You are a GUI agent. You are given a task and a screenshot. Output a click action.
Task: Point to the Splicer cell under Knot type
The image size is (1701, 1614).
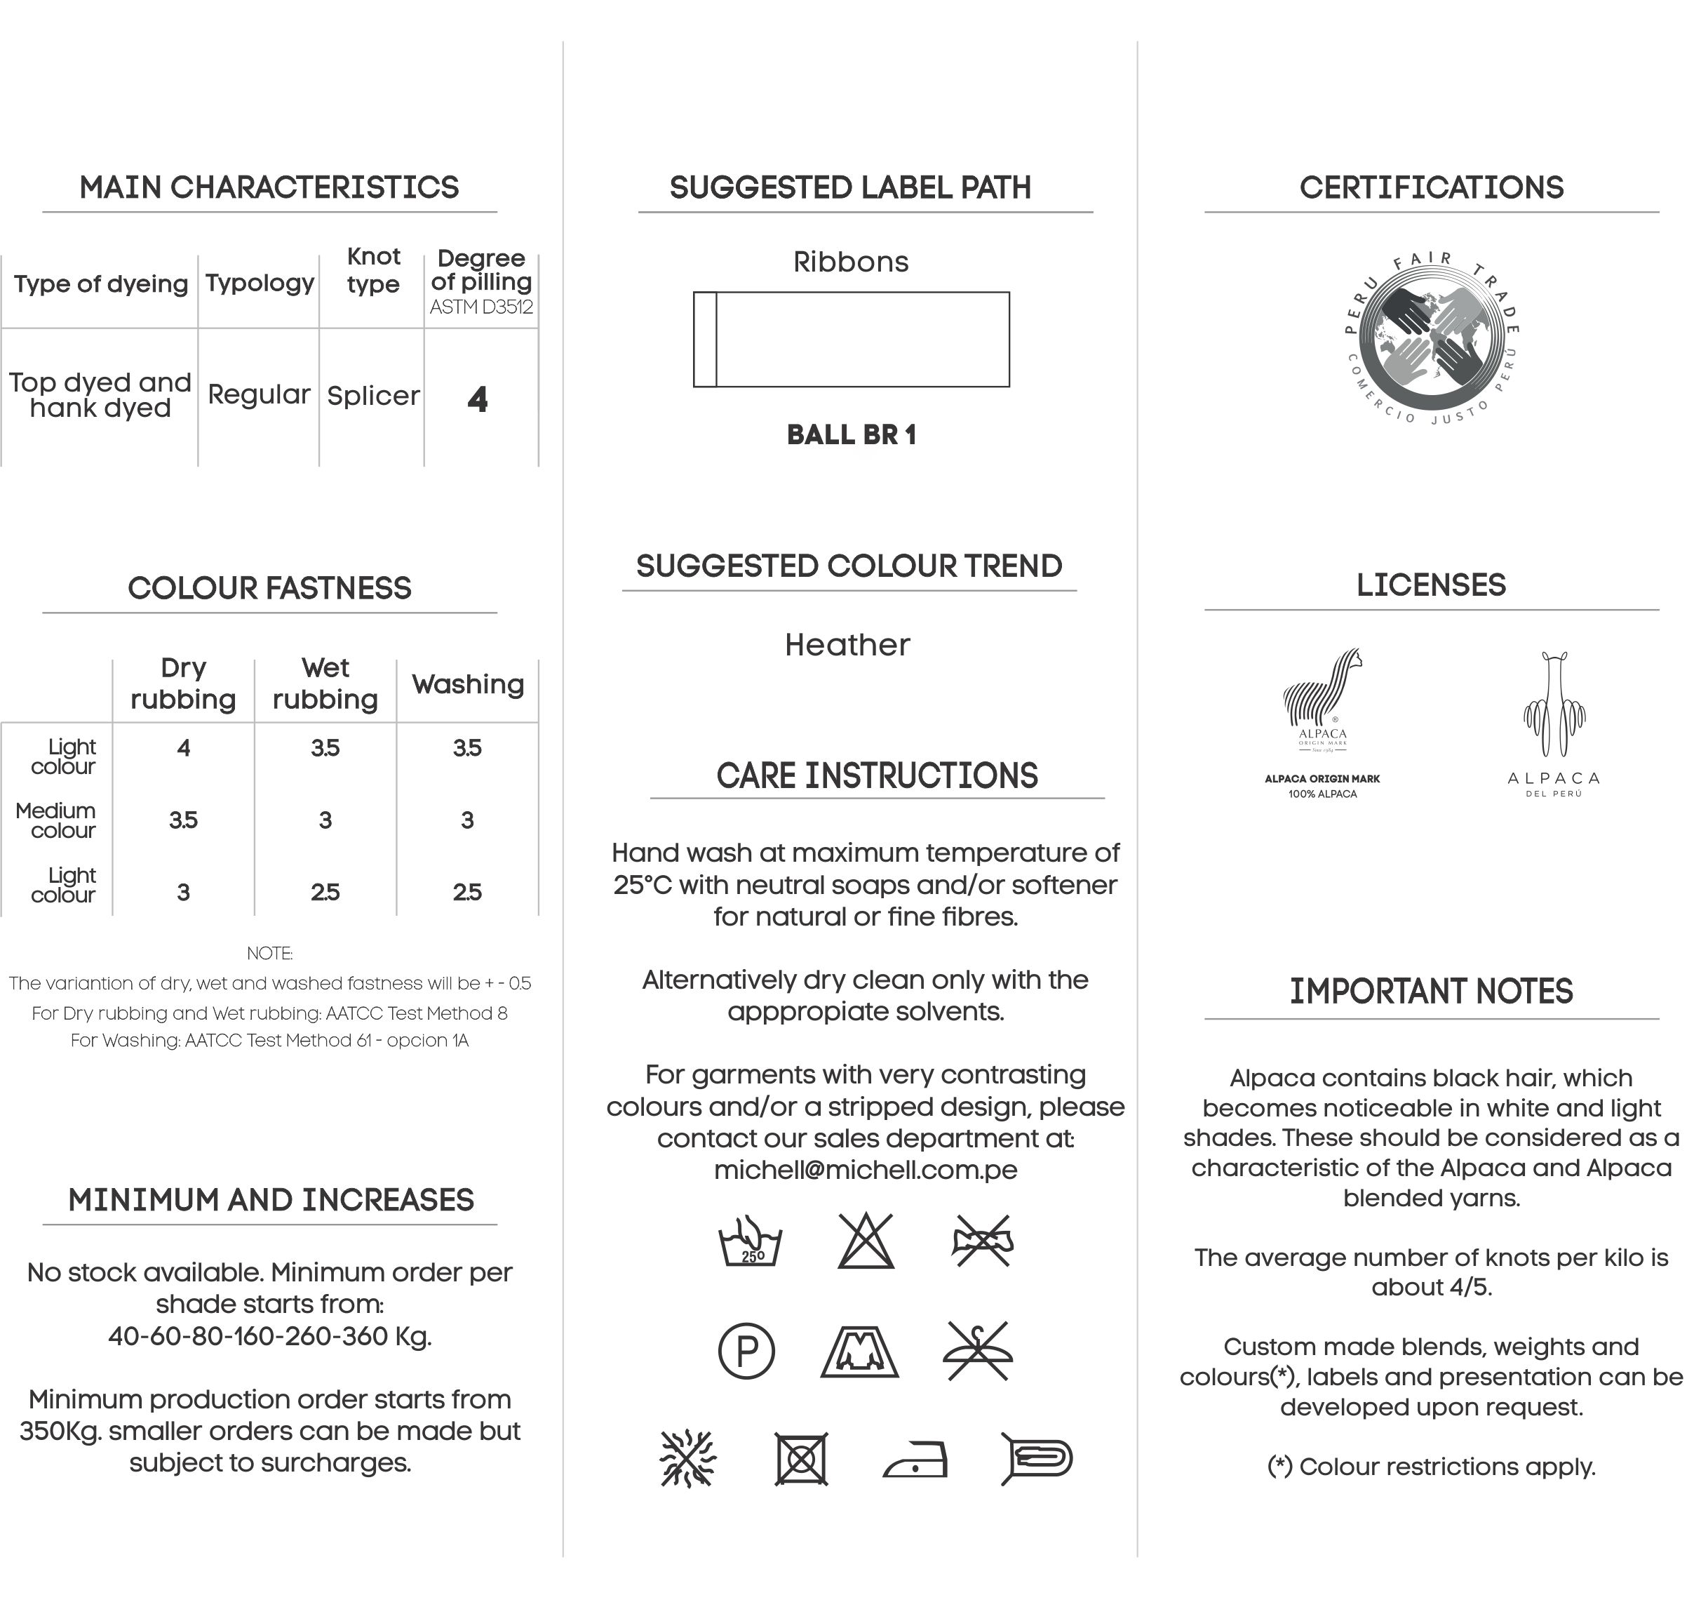coord(373,396)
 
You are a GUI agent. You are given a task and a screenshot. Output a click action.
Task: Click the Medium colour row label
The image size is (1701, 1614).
coord(57,820)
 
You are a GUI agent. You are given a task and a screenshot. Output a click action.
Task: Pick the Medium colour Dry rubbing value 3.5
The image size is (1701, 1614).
coord(183,820)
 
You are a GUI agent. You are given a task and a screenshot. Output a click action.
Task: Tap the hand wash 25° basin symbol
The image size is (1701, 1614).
coord(750,1241)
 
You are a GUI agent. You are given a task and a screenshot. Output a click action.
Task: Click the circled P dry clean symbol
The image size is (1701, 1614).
coord(746,1351)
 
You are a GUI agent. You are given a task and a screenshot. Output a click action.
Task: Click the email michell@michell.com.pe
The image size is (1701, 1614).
coord(865,1170)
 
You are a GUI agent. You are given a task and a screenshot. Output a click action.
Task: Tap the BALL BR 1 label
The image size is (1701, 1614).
coord(852,435)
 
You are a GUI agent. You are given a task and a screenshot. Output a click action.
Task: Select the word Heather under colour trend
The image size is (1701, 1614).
coord(847,644)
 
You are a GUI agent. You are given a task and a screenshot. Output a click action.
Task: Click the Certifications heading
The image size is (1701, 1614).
coord(1431,187)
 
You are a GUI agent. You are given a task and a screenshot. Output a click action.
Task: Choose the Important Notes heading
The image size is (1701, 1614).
coord(1431,991)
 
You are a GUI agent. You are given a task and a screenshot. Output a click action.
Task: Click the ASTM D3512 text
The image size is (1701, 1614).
coord(482,307)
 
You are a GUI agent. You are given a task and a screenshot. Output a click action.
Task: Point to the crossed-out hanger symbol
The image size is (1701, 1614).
coord(979,1351)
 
